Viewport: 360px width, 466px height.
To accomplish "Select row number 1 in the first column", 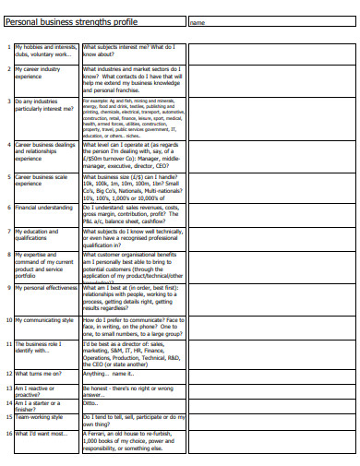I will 8,45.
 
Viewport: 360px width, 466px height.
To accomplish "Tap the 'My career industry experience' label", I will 38,72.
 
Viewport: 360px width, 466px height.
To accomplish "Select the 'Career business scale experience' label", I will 42,180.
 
